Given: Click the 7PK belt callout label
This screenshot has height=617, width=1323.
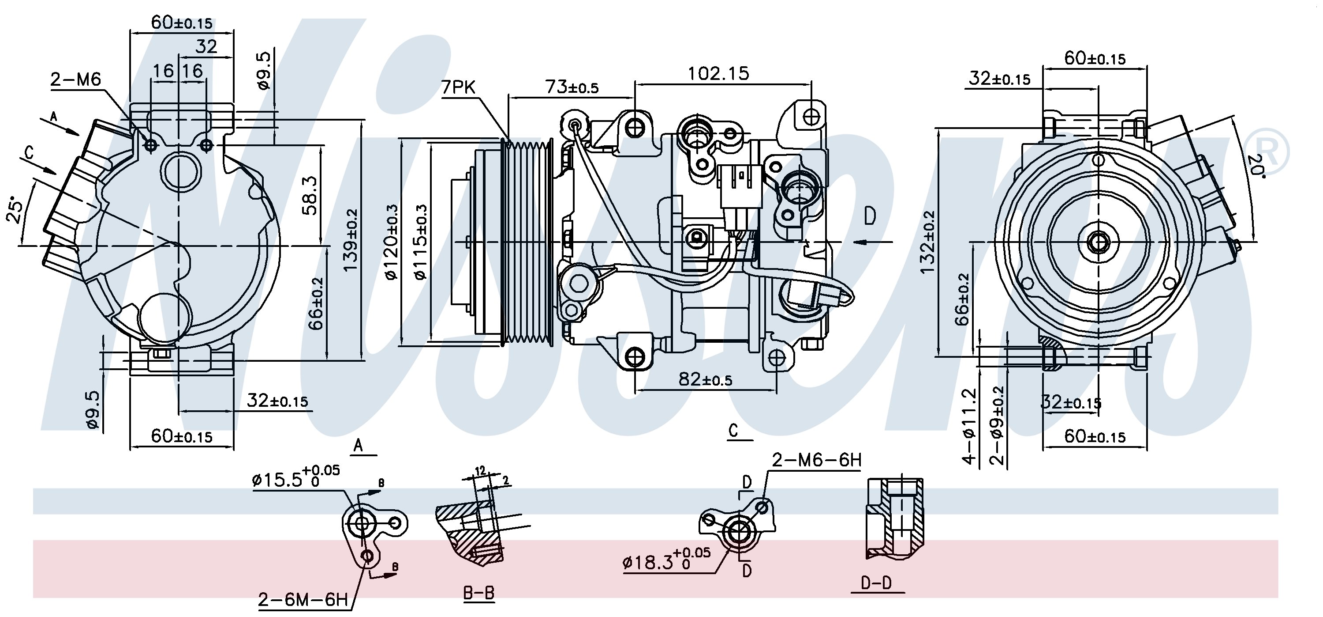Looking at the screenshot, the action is pyautogui.click(x=459, y=88).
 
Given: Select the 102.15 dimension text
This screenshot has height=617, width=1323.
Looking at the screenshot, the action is pyautogui.click(x=718, y=73).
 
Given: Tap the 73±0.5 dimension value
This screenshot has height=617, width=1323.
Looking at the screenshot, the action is pyautogui.click(x=572, y=87).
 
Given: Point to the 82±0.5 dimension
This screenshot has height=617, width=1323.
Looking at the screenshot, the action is pyautogui.click(x=705, y=379).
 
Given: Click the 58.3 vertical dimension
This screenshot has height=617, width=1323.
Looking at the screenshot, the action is pyautogui.click(x=311, y=195).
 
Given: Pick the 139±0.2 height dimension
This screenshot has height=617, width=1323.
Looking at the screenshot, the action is pyautogui.click(x=351, y=240).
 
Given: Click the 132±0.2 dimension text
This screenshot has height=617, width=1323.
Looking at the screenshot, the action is pyautogui.click(x=929, y=242).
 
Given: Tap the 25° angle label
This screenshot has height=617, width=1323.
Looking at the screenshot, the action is pyautogui.click(x=15, y=211).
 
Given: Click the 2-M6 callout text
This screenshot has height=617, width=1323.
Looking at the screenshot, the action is pyautogui.click(x=75, y=79).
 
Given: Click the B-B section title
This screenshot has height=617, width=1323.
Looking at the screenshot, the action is pyautogui.click(x=478, y=593).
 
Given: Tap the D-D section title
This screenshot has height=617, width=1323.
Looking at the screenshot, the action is pyautogui.click(x=876, y=583).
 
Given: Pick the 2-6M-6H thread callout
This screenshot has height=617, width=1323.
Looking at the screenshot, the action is pyautogui.click(x=303, y=599).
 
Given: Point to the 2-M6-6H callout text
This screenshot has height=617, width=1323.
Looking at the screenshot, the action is pyautogui.click(x=817, y=460).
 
